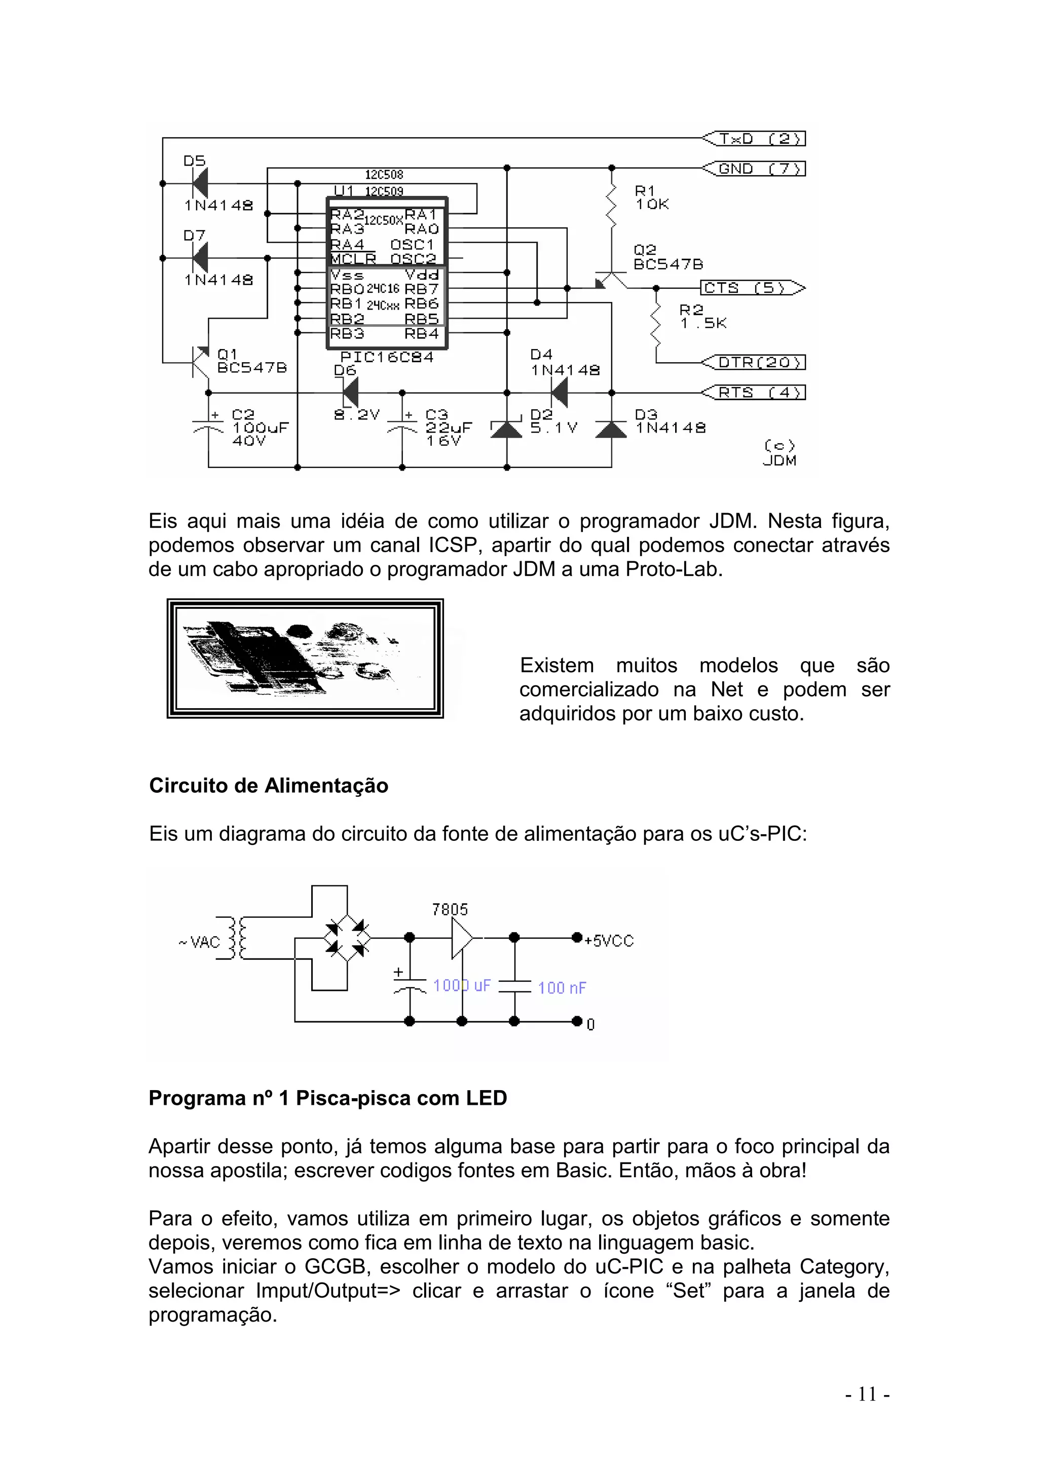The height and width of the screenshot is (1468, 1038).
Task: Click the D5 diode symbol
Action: [x=200, y=183]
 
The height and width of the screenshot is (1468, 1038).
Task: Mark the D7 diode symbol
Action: [x=200, y=258]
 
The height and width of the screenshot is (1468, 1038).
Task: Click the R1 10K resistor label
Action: [x=651, y=198]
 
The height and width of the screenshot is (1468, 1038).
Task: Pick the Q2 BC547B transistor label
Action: [x=668, y=257]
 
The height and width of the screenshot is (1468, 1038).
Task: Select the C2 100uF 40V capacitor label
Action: [x=259, y=427]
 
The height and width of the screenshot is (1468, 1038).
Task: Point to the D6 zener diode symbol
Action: [x=349, y=392]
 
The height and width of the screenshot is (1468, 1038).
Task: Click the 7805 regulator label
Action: [x=450, y=909]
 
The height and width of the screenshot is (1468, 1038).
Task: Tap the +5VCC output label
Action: [x=608, y=941]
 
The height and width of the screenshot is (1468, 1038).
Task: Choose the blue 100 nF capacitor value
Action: [x=562, y=988]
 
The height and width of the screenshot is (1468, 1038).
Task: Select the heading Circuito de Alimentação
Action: [x=269, y=785]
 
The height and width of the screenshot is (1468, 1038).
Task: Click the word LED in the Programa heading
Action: [x=486, y=1098]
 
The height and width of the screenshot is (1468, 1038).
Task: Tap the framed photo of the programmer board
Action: [x=305, y=659]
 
